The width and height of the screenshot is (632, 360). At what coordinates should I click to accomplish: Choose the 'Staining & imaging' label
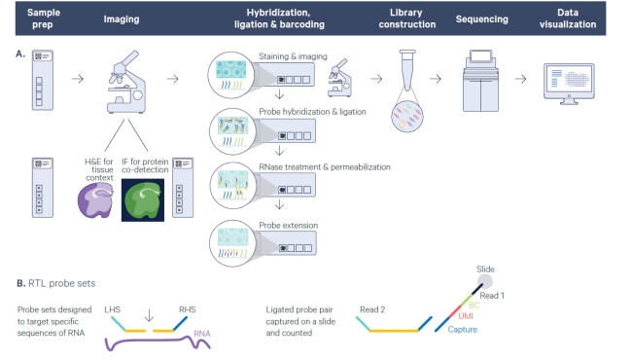click(289, 55)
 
